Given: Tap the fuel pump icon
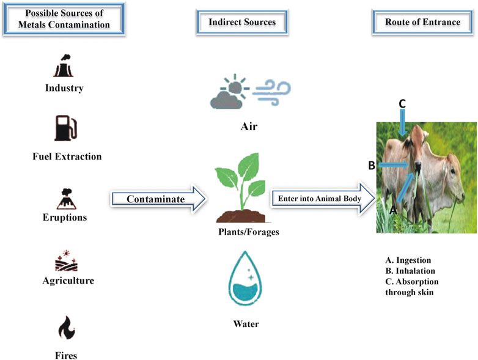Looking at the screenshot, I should (65, 129).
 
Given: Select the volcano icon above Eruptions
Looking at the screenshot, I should (64, 198).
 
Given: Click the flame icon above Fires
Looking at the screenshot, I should (65, 331).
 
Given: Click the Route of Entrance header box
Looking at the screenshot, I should (422, 22).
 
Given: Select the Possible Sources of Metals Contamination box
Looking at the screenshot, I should (64, 20).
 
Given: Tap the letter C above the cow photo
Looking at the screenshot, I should (402, 103).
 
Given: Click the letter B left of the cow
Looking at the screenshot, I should (371, 165).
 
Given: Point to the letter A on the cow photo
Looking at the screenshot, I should (393, 209).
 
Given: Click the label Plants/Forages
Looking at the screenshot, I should (244, 232).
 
